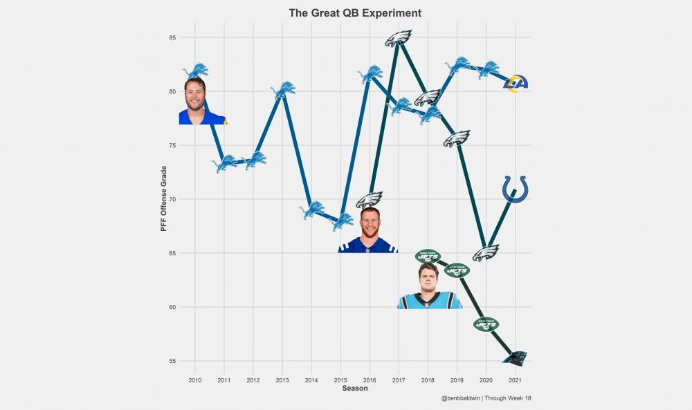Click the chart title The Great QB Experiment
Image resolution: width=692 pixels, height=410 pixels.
point(355,13)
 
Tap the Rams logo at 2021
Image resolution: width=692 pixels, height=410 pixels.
point(516,84)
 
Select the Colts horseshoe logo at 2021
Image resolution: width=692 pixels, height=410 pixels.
point(515,189)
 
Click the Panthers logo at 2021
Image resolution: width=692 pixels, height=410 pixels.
point(516,357)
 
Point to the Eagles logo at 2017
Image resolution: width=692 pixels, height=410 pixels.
point(399,39)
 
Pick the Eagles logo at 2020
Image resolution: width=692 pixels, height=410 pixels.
point(486,253)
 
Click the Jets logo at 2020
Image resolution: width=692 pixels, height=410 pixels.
point(486,324)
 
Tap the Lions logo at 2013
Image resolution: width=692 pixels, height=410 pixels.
point(282,90)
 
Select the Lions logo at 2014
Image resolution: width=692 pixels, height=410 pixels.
point(311,209)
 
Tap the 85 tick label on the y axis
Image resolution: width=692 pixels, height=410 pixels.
point(171,37)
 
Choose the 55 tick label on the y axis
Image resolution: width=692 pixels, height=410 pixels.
point(171,361)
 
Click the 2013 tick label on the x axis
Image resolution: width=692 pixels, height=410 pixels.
point(282,380)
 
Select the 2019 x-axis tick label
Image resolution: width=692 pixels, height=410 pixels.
point(457,380)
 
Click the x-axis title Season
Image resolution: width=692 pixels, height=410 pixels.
point(355,389)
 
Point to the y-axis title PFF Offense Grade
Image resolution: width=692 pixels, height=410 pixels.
point(164,198)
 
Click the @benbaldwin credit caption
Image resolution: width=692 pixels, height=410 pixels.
point(485,398)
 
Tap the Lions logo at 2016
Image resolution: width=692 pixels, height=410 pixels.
point(370,74)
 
